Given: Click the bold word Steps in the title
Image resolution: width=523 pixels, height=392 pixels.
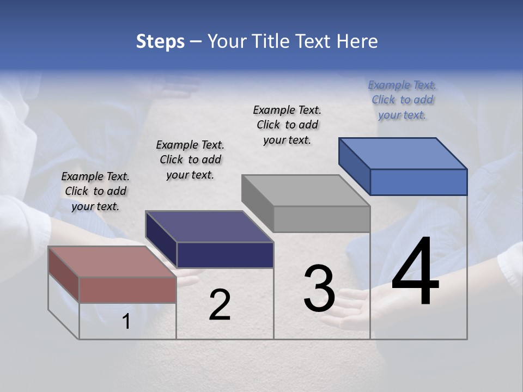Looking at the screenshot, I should coord(160,42).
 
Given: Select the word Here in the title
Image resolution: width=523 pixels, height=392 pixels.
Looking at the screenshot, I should coord(358,42).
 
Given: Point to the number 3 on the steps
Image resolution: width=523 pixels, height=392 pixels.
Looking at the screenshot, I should coord(319,289).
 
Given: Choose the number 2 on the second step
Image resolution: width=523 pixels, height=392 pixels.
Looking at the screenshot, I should coord(220,305).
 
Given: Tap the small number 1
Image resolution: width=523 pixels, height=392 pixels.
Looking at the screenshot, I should coord(126,322).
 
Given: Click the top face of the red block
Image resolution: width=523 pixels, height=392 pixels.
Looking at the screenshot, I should coord(112,261).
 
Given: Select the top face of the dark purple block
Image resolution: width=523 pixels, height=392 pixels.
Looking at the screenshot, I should coord(209,226).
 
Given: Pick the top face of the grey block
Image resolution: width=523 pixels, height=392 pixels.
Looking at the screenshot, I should coord(305,191).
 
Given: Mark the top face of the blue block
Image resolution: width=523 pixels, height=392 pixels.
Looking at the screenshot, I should coord(402,154).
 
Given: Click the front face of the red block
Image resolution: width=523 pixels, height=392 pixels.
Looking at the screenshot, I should coord(127,289).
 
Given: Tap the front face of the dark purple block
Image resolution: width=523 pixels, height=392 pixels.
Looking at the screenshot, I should coord(225,255).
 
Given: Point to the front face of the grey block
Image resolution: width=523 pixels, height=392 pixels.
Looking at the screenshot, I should coord(321,219).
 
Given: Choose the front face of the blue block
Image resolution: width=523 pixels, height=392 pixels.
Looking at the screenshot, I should coord(418,182).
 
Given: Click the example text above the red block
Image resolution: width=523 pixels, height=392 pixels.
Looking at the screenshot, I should coord(95,191).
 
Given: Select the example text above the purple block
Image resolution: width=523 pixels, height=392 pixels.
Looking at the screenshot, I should coord(190,160).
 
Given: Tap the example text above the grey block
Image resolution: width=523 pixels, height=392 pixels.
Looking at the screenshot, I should coord(287,125).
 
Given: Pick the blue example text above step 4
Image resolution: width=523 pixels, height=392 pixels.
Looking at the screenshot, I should coord(402,100).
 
